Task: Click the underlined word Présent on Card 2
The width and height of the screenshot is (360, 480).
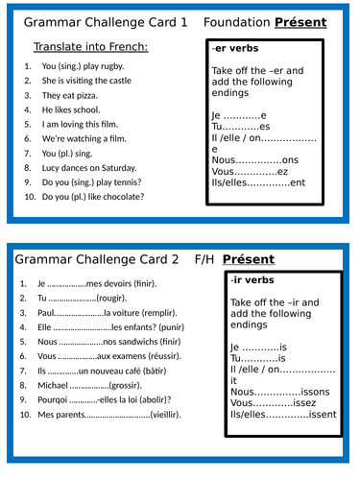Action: pyautogui.click(x=248, y=258)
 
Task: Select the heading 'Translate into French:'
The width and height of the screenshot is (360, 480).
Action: pyautogui.click(x=90, y=46)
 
